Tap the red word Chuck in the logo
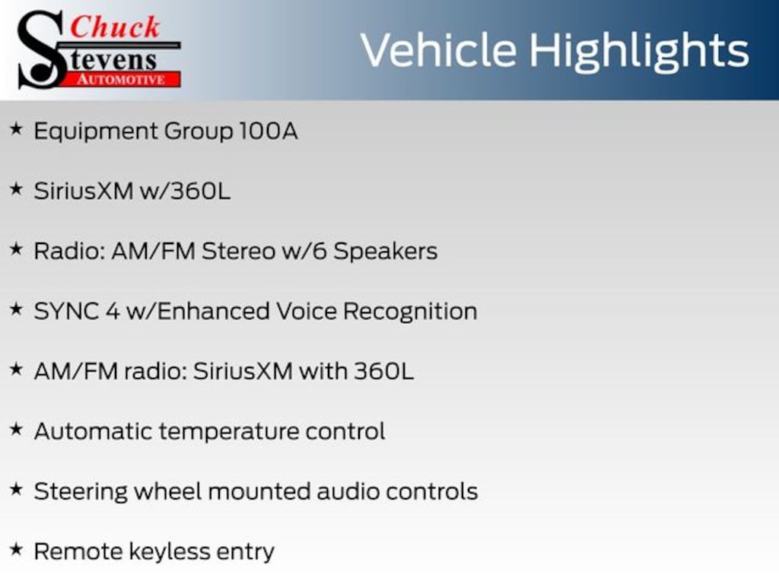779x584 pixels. click(x=115, y=27)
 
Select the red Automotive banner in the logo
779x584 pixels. click(x=121, y=79)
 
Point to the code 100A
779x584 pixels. click(x=269, y=131)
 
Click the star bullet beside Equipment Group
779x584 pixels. click(x=17, y=129)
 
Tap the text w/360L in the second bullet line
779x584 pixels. click(x=185, y=191)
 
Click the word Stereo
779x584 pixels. click(x=238, y=251)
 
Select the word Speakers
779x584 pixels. click(x=386, y=251)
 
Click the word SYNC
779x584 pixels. click(x=66, y=311)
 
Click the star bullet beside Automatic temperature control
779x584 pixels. click(x=17, y=430)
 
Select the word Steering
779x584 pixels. click(x=81, y=493)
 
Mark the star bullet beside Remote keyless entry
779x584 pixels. click(x=17, y=550)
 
